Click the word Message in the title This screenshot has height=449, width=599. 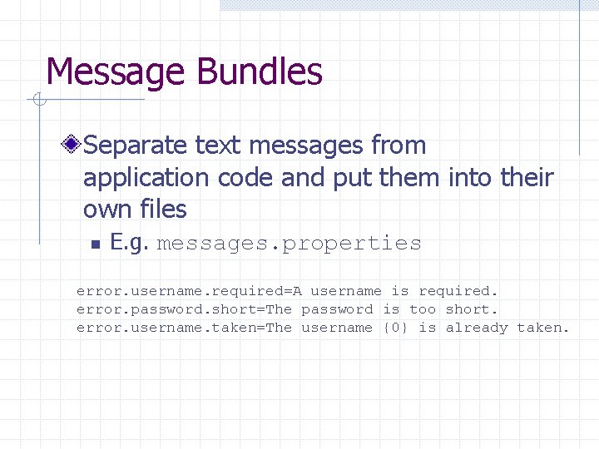116,72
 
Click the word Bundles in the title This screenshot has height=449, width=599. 260,72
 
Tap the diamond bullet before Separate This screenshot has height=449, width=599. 73,146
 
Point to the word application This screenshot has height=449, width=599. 146,178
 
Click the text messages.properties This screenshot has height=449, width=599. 289,244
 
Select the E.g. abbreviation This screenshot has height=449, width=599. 129,244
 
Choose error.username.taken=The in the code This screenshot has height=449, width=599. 184,328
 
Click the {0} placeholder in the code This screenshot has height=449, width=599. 395,328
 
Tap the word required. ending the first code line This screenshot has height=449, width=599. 458,291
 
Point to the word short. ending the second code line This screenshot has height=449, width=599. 472,309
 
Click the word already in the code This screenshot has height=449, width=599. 476,328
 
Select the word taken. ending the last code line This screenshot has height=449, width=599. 543,328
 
